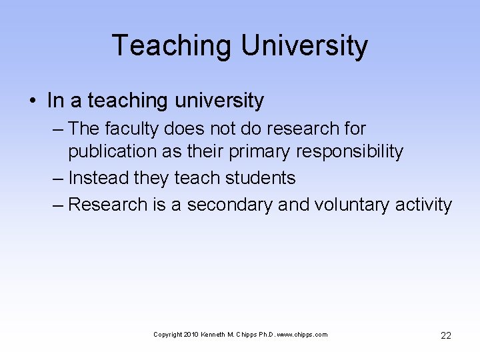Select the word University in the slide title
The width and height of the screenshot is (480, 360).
coord(304,46)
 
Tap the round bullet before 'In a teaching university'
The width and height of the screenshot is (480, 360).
coord(33,101)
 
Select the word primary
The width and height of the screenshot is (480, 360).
coord(260,151)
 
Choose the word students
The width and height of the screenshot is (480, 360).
coord(261,178)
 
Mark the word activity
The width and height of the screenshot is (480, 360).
coord(423,205)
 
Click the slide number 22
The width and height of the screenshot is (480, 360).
coord(446,335)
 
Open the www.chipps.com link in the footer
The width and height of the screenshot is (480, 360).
coord(304,335)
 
